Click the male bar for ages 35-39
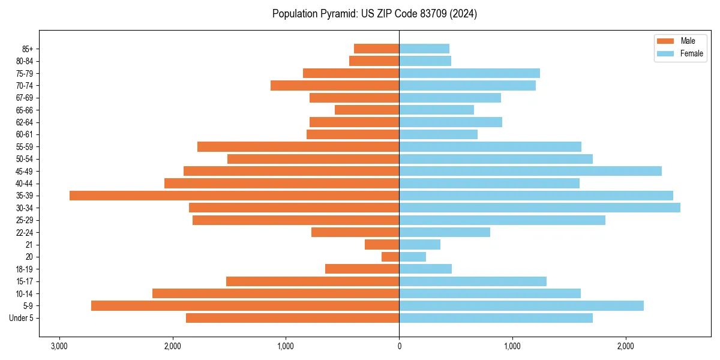click(x=234, y=196)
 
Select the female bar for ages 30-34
click(x=539, y=208)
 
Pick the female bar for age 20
click(x=412, y=257)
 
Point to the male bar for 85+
click(x=376, y=49)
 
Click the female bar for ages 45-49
click(x=530, y=171)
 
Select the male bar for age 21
click(x=382, y=244)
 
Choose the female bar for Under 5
click(x=496, y=318)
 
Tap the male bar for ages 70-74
click(x=335, y=85)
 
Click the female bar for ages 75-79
click(x=469, y=73)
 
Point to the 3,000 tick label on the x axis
click(x=59, y=346)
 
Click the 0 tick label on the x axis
click(x=399, y=346)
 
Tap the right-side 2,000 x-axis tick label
click(x=625, y=346)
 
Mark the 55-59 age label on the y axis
click(x=24, y=146)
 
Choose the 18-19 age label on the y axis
click(x=24, y=269)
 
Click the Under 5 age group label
click(x=22, y=318)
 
